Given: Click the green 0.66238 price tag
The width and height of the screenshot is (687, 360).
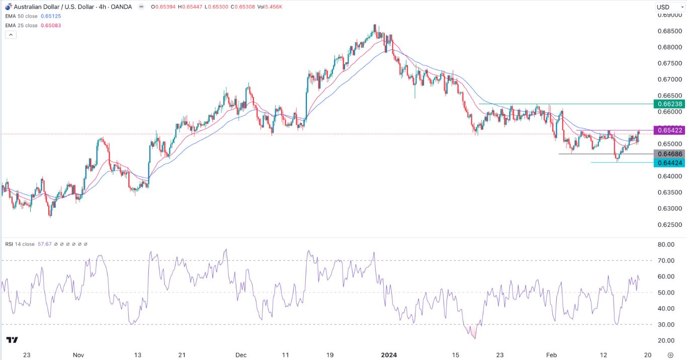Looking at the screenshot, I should pyautogui.click(x=669, y=104).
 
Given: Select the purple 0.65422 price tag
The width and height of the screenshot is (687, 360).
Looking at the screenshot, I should pyautogui.click(x=669, y=131).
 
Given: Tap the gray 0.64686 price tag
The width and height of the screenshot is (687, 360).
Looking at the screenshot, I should pyautogui.click(x=669, y=154).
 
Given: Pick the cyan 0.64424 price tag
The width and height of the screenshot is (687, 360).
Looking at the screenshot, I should pyautogui.click(x=669, y=162).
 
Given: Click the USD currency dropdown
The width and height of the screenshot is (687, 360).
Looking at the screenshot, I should pyautogui.click(x=667, y=7).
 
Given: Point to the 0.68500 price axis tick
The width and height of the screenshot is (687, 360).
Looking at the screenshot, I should pyautogui.click(x=668, y=31).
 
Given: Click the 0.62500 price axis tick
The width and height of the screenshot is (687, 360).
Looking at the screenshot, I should pyautogui.click(x=668, y=225).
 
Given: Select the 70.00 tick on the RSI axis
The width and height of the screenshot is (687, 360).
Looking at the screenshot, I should pyautogui.click(x=666, y=260).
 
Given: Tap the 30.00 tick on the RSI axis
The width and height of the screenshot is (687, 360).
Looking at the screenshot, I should pyautogui.click(x=666, y=325).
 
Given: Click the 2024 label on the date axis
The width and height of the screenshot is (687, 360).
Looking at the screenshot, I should pyautogui.click(x=388, y=355).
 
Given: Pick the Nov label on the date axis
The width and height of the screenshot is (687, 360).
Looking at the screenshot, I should pyautogui.click(x=78, y=355).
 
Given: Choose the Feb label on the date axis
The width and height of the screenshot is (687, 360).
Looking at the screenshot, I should pyautogui.click(x=552, y=355).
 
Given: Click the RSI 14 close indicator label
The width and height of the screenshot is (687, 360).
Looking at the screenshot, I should pyautogui.click(x=21, y=244).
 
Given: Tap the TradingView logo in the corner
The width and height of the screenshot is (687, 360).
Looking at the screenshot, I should pyautogui.click(x=13, y=340).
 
